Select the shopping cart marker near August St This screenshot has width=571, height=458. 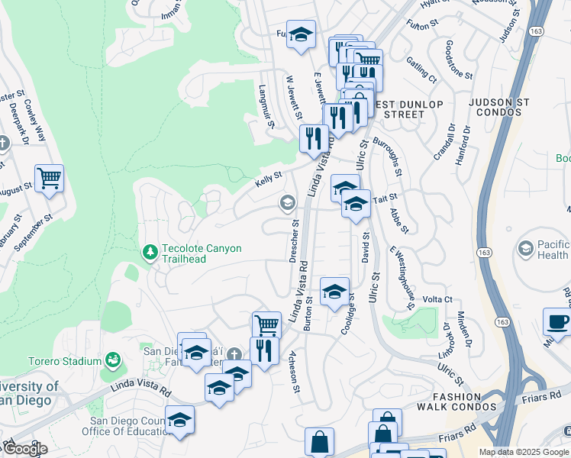(49, 179)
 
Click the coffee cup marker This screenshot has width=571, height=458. (557, 321)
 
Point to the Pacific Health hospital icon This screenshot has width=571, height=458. (525, 249)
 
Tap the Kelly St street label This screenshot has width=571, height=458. (268, 179)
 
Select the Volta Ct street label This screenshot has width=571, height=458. (437, 299)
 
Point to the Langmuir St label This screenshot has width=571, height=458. (266, 107)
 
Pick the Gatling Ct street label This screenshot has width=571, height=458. (421, 69)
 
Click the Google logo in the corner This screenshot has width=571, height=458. (25, 449)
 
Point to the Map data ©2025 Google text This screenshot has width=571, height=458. (524, 452)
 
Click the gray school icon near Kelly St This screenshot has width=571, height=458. (288, 202)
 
